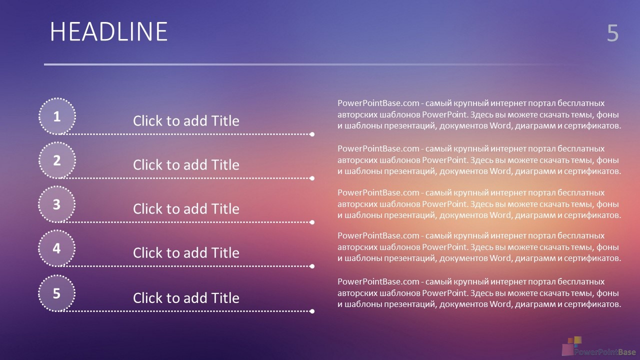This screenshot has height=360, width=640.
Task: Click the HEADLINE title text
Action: pyautogui.click(x=108, y=31)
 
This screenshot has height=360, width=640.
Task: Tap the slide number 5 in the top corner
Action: pyautogui.click(x=612, y=33)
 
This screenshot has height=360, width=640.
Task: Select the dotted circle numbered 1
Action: pyautogui.click(x=57, y=116)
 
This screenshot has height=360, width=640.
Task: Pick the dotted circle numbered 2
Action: pyautogui.click(x=57, y=160)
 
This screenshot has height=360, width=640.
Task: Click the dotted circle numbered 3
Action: pyautogui.click(x=57, y=204)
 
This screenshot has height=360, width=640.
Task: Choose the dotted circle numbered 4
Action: pyautogui.click(x=57, y=248)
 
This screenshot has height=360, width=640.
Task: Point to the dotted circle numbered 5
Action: pyautogui.click(x=57, y=293)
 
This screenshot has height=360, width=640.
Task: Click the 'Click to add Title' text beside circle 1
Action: pyautogui.click(x=186, y=121)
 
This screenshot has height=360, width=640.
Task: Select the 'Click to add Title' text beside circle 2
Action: pyautogui.click(x=186, y=165)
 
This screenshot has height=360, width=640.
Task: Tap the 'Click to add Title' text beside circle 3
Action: pyautogui.click(x=186, y=209)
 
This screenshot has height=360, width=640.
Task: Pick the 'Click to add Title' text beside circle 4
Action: pyautogui.click(x=186, y=253)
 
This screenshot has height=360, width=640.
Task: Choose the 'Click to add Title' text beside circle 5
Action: pyautogui.click(x=186, y=298)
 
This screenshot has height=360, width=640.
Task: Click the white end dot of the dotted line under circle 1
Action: pyautogui.click(x=312, y=134)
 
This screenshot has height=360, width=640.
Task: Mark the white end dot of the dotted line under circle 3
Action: pyautogui.click(x=312, y=222)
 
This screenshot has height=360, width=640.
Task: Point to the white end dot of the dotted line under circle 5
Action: pyautogui.click(x=312, y=311)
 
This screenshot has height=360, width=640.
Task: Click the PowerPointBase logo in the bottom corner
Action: pyautogui.click(x=599, y=346)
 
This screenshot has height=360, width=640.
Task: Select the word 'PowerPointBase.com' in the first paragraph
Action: pyautogui.click(x=378, y=103)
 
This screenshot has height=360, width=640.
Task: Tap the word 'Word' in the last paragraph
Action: pyautogui.click(x=500, y=304)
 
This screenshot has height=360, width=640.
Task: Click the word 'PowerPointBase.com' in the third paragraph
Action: pyautogui.click(x=378, y=192)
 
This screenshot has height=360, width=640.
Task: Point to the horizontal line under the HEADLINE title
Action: pyautogui.click(x=314, y=64)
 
